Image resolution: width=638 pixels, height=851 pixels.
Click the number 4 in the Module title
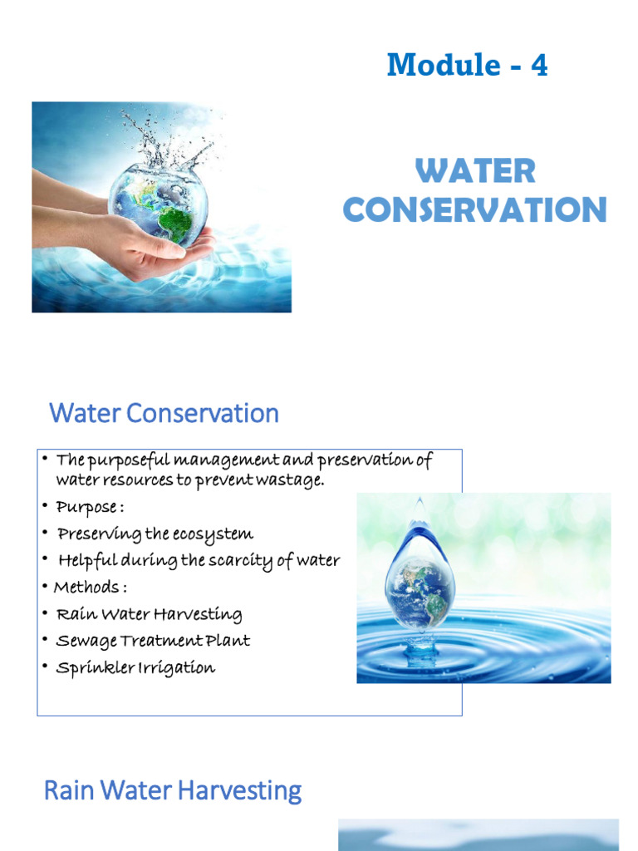pos(539,65)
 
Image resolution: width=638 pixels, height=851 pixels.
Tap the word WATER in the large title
pos(475,172)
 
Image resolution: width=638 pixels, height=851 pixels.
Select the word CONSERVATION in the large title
pos(475,209)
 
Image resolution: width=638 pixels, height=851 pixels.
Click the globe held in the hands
pos(159,204)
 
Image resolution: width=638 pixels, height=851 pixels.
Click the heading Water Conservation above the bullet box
pos(164,413)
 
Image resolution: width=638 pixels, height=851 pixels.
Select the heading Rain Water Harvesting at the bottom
pos(172,790)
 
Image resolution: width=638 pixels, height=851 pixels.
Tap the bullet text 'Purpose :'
pos(90,506)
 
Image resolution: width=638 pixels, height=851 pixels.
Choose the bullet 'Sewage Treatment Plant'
pos(153,641)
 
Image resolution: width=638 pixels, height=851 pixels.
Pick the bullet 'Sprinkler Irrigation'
pos(135,667)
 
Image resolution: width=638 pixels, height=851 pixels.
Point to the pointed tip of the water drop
pos(419,502)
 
